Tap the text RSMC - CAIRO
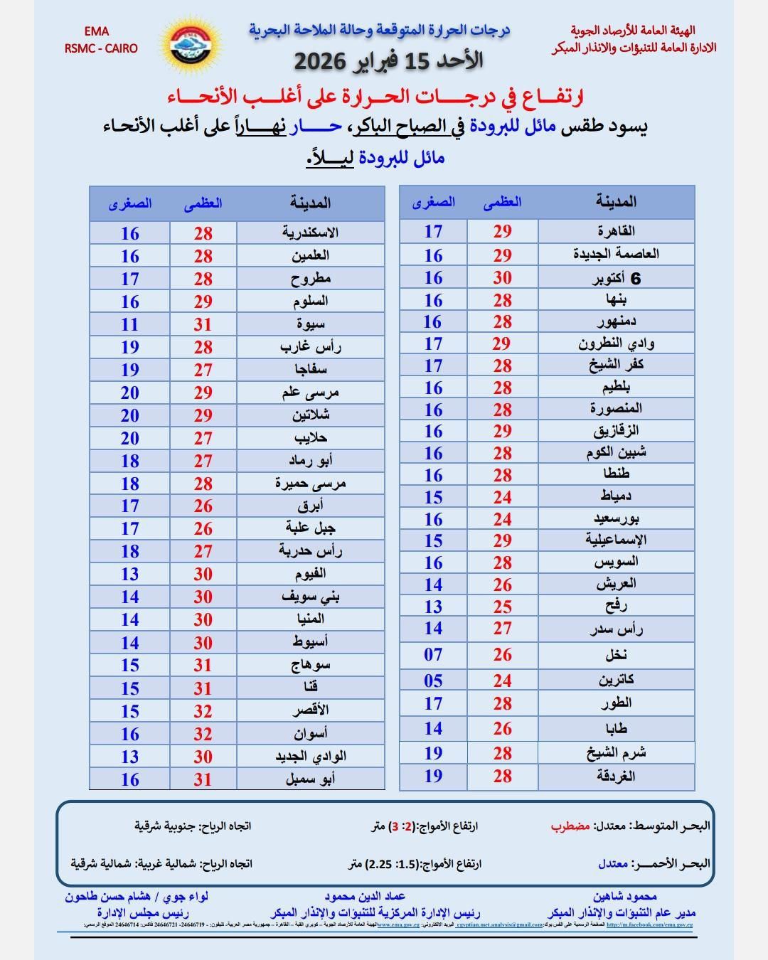click(x=101, y=48)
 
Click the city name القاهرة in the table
click(x=616, y=231)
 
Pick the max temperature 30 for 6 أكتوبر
click(x=502, y=278)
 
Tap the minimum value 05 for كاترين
click(x=433, y=681)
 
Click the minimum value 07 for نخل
click(x=433, y=654)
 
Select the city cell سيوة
click(x=311, y=324)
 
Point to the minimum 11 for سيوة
click(x=129, y=324)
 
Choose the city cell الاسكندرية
click(x=310, y=233)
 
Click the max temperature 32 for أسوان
click(x=203, y=734)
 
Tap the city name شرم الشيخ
click(x=616, y=753)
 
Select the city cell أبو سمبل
click(x=310, y=779)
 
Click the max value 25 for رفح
click(x=502, y=607)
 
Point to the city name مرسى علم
click(x=310, y=393)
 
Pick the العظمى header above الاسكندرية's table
click(x=203, y=203)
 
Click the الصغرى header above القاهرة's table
click(x=433, y=202)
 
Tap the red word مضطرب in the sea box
click(x=570, y=826)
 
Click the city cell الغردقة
click(x=616, y=777)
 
